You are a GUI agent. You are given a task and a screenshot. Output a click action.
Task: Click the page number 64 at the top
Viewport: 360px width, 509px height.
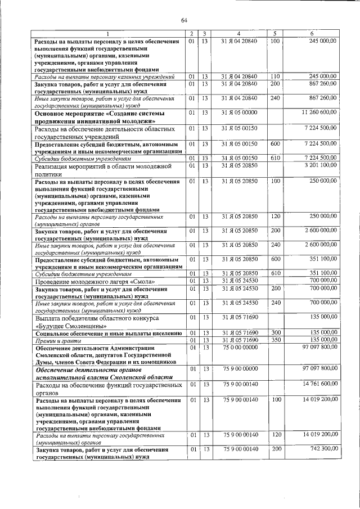coord(183,21)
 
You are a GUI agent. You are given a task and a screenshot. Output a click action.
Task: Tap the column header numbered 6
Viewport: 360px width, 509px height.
coord(313,34)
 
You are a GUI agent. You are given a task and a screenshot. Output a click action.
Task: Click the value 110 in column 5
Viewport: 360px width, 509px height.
coord(275,76)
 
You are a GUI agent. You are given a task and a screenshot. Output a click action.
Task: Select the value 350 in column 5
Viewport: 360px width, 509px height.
coord(275,340)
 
